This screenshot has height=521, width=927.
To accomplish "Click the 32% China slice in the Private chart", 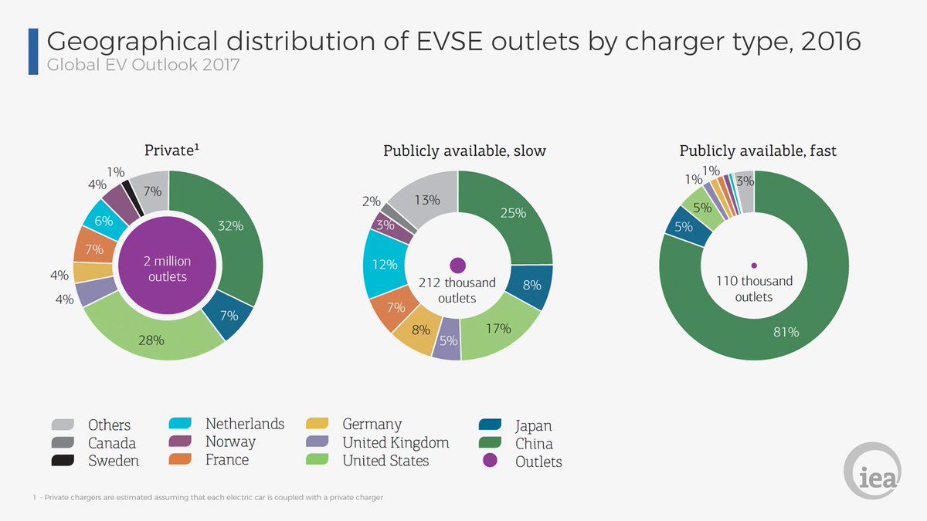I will (x=232, y=232).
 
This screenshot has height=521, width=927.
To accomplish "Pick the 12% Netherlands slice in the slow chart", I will (x=383, y=264).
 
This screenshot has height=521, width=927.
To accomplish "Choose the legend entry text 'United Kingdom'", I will (x=396, y=442).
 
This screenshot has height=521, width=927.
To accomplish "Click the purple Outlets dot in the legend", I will (x=489, y=462).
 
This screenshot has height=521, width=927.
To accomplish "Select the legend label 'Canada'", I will (x=112, y=443).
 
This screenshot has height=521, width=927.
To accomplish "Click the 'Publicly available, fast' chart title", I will (x=757, y=151).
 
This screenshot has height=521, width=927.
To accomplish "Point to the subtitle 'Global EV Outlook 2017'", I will (x=144, y=65).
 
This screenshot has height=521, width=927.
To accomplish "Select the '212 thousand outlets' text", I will (x=457, y=290).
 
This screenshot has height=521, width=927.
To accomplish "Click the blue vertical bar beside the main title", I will (x=33, y=51).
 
